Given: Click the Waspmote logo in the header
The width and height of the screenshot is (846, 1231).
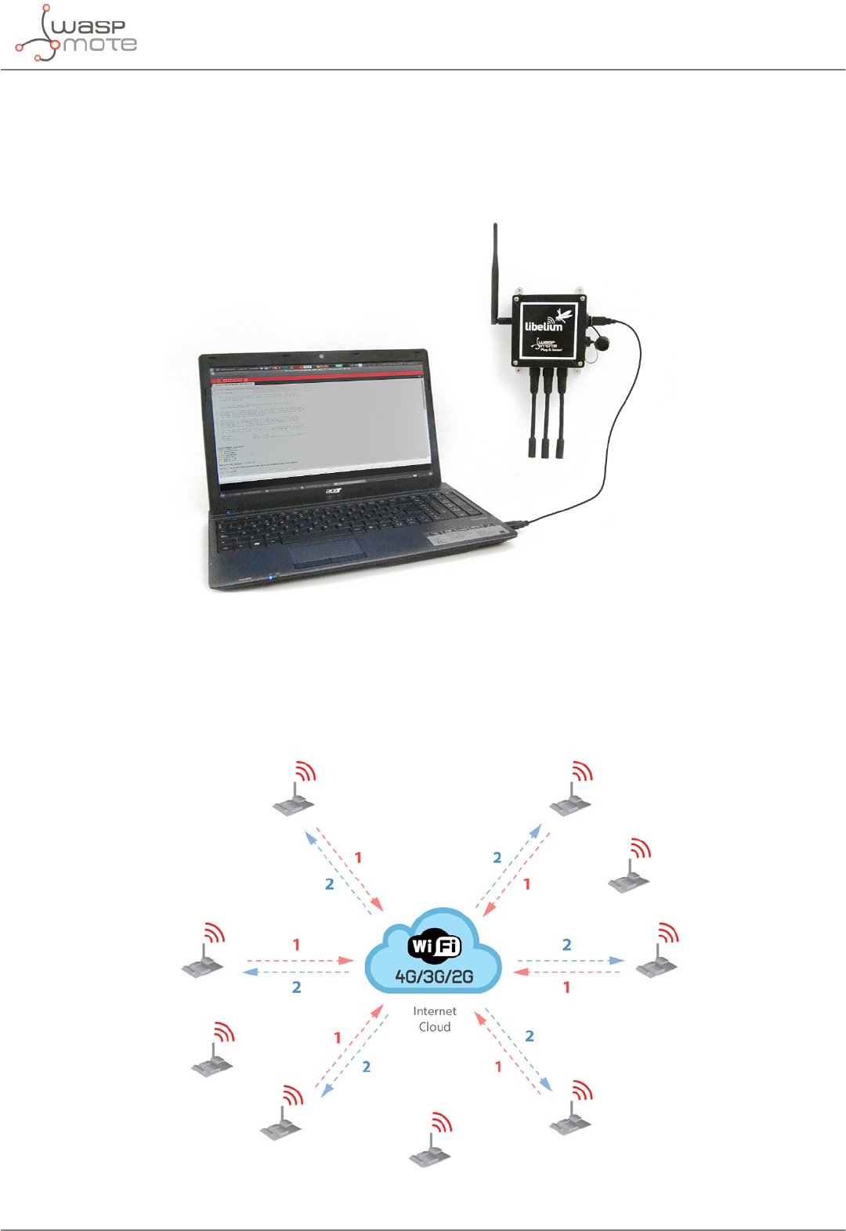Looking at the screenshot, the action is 76,34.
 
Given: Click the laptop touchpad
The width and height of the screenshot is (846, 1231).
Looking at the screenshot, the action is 327,551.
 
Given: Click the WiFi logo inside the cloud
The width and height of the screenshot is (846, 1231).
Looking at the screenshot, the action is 434,947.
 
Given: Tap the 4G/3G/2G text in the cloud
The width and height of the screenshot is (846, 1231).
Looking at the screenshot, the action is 434,976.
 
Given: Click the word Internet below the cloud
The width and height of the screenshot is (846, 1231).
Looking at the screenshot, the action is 435,1011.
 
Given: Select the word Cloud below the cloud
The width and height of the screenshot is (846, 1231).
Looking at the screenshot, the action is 435,1027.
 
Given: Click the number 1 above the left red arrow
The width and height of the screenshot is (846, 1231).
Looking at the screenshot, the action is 296,944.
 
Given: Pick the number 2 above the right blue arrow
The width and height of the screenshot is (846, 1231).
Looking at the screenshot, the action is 566,944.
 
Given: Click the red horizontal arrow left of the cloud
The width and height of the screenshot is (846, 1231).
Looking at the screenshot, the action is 299,960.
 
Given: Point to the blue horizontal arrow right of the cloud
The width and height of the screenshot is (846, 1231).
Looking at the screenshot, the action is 570,960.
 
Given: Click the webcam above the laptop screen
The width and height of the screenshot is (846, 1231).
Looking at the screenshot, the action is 322,357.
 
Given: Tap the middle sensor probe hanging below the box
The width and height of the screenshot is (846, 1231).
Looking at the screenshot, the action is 545,415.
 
